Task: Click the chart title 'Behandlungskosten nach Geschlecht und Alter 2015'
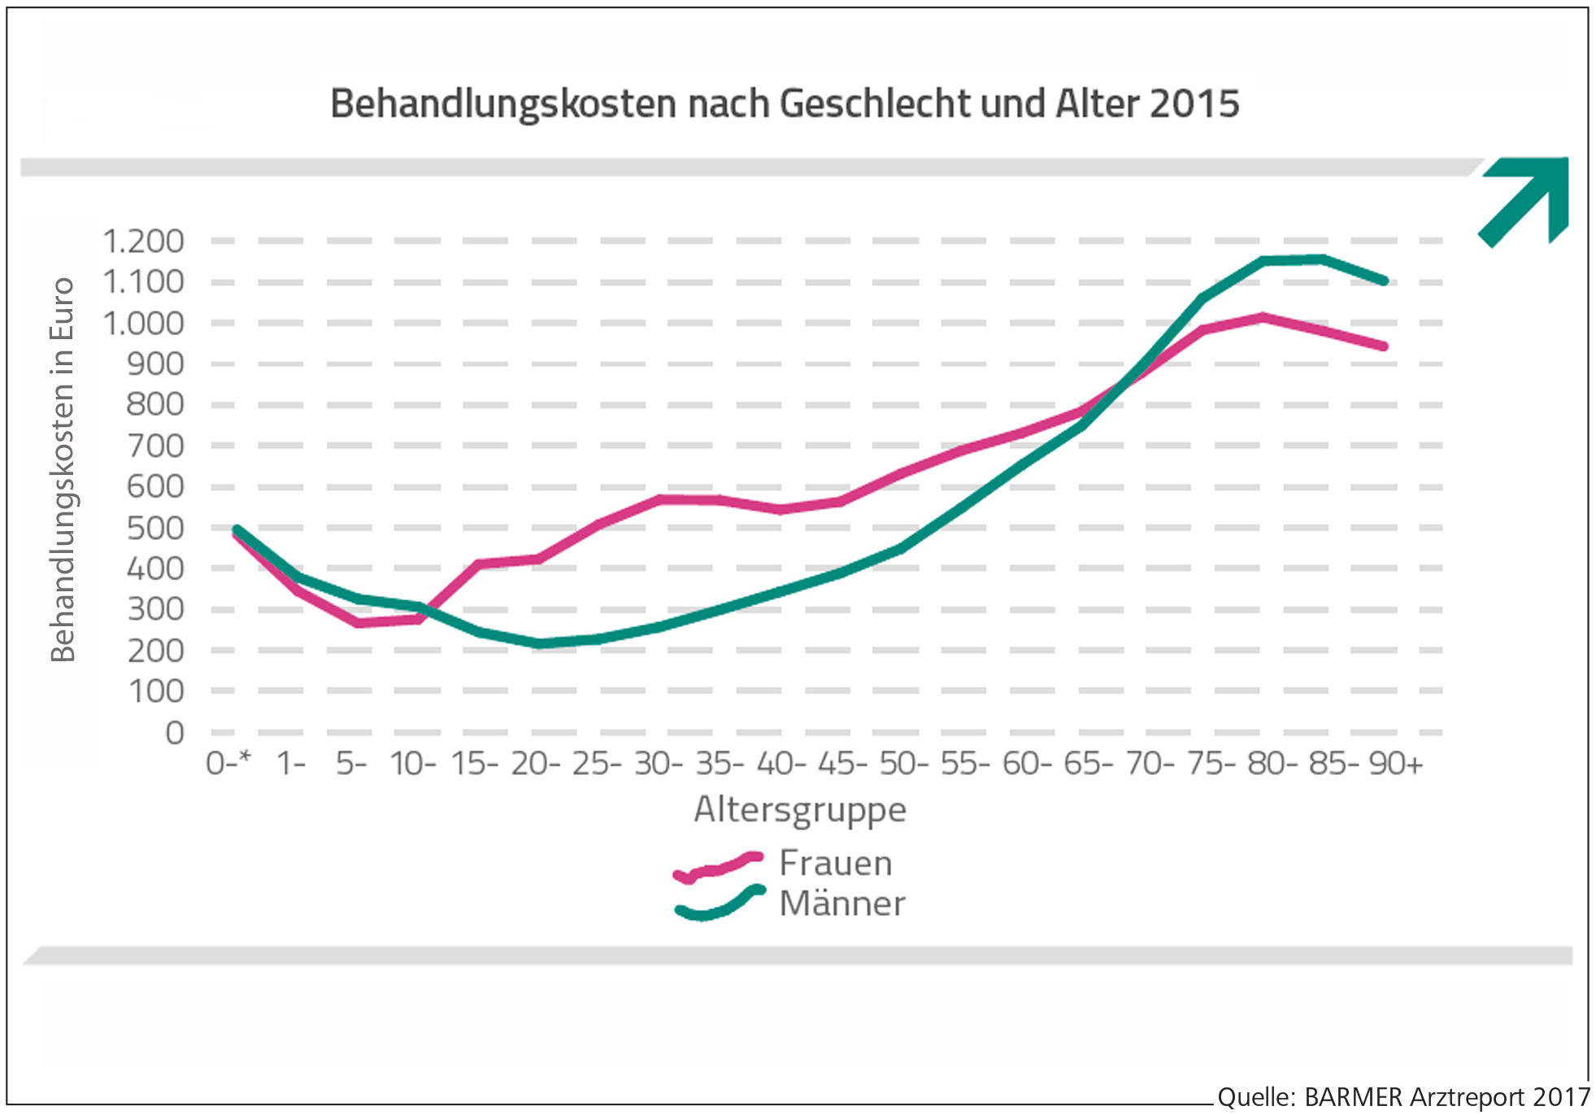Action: pos(784,104)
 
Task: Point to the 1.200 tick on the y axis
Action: pos(143,242)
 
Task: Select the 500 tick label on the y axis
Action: pos(154,528)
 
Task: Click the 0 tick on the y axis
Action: pos(174,733)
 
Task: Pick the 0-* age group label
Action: pos(228,764)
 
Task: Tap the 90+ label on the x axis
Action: pos(1395,764)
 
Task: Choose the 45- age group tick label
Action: pos(842,764)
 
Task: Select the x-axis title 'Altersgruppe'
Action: pos(800,810)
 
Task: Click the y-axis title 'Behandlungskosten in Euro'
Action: pos(63,470)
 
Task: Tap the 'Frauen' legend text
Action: pos(835,864)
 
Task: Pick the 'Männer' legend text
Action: pos(841,904)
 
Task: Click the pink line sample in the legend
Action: pos(719,867)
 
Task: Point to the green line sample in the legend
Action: pos(719,904)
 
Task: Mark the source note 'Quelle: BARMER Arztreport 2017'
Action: pos(1402,1097)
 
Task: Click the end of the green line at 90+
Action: pos(1385,281)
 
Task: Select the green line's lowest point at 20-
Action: pos(539,644)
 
